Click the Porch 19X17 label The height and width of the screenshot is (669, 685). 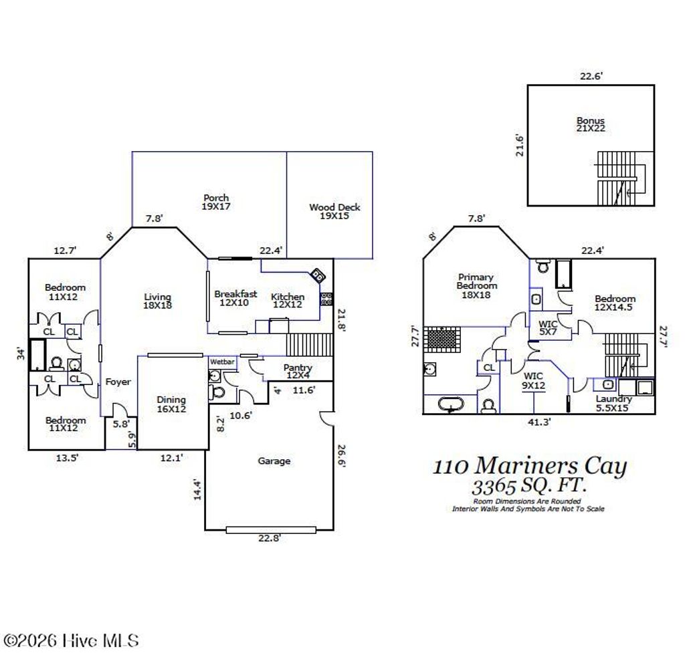[216, 203]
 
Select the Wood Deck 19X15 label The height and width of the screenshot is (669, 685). [334, 212]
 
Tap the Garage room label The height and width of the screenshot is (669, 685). [274, 460]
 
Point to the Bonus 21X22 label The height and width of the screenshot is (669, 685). [591, 124]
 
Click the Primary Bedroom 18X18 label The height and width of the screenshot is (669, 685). [477, 285]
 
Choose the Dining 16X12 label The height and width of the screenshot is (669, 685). [171, 404]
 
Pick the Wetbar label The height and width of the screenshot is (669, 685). [221, 362]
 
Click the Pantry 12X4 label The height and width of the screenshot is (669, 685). [298, 372]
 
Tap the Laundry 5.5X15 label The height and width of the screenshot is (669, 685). [613, 404]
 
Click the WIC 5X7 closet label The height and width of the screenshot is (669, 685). [548, 328]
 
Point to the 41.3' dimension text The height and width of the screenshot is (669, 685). [539, 422]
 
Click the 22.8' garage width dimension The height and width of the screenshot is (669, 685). [270, 539]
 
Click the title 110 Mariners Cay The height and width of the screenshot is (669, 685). [530, 466]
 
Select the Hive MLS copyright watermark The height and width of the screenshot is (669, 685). [70, 641]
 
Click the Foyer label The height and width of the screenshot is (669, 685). [118, 382]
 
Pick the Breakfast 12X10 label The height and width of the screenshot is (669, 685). [235, 298]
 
